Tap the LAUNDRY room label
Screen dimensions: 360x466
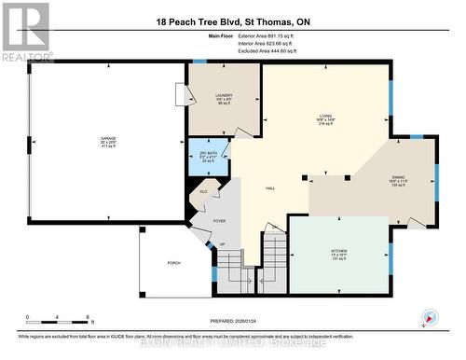[223, 95]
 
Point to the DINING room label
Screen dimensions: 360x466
[399, 179]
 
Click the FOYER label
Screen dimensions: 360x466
[220, 220]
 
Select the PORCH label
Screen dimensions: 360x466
[173, 264]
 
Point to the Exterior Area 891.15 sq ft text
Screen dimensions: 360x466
[258, 43]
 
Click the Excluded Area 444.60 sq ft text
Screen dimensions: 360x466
[258, 56]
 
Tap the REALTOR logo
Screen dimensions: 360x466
[25, 30]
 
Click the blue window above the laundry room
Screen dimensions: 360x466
[199, 62]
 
